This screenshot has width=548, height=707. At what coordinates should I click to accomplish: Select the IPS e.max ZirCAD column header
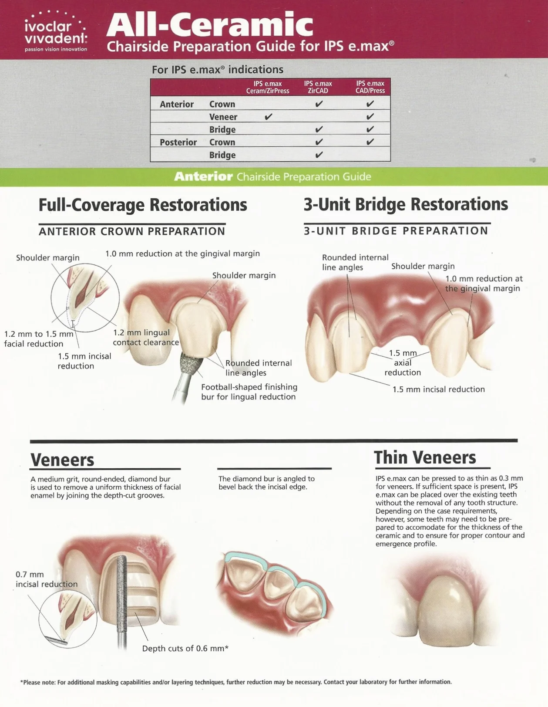pyautogui.click(x=318, y=87)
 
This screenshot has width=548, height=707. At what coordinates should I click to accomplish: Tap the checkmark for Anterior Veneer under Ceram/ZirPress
pyautogui.click(x=268, y=117)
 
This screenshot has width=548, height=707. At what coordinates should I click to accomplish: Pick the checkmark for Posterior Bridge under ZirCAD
pyautogui.click(x=319, y=155)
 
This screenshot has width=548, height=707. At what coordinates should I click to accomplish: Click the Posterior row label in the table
pyautogui.click(x=178, y=142)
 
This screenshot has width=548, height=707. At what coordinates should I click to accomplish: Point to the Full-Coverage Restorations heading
pyautogui.click(x=143, y=205)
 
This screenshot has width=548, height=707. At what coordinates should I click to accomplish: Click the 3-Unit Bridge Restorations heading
pyautogui.click(x=406, y=204)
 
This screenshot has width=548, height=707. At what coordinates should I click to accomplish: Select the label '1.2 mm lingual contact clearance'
pyautogui.click(x=145, y=338)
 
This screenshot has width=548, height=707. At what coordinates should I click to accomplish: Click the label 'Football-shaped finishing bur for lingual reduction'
pyautogui.click(x=249, y=392)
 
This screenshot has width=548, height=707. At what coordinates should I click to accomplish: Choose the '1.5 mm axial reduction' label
pyautogui.click(x=403, y=362)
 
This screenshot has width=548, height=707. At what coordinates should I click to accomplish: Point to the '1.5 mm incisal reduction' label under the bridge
pyautogui.click(x=438, y=389)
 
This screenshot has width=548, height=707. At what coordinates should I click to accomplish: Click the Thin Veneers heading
pyautogui.click(x=425, y=458)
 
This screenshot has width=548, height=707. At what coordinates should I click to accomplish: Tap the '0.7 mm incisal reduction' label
pyautogui.click(x=46, y=579)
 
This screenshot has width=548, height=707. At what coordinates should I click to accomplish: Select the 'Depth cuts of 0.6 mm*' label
pyautogui.click(x=185, y=649)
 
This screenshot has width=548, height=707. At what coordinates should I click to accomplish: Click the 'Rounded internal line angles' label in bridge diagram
pyautogui.click(x=355, y=262)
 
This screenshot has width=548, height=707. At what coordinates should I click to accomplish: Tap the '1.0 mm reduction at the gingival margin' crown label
pyautogui.click(x=182, y=254)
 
